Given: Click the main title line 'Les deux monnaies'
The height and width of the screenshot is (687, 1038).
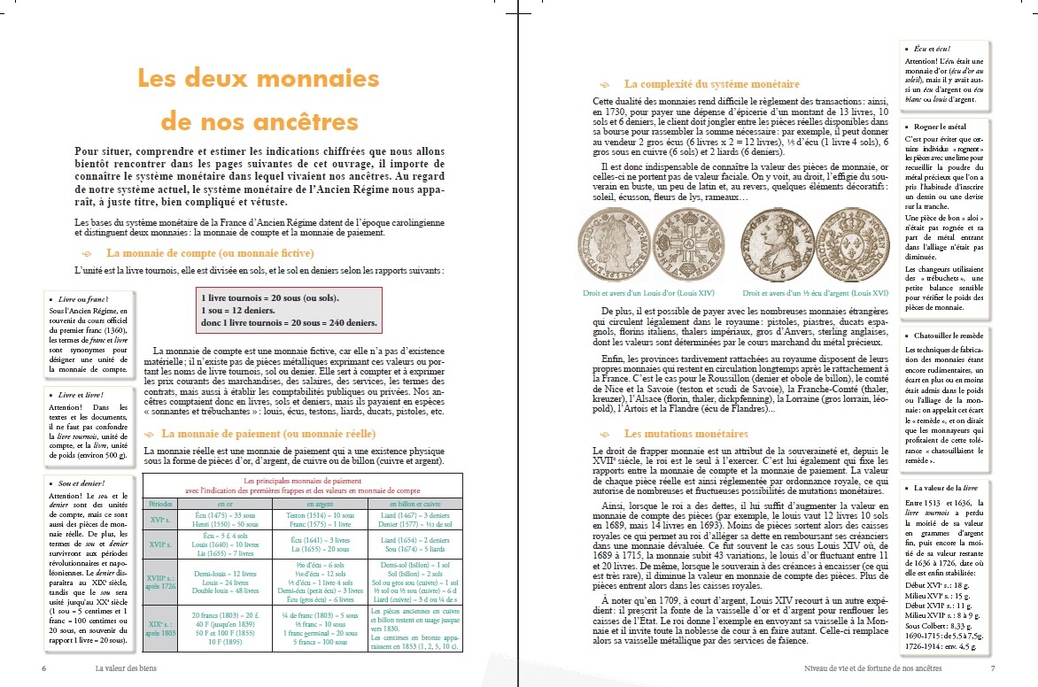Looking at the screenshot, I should (258, 79).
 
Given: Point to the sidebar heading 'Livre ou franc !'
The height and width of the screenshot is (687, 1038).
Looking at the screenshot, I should (82, 300).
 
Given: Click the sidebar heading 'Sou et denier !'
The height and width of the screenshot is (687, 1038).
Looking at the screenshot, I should (81, 483).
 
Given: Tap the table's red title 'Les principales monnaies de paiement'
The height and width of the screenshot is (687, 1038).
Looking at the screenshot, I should (303, 480).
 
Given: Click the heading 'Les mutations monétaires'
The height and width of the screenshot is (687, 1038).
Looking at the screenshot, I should (685, 434).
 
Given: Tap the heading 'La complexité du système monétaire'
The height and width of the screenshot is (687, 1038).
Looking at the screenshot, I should (711, 84).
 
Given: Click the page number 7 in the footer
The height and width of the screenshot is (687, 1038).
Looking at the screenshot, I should (993, 668).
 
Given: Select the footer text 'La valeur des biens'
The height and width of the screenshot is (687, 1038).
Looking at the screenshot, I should (132, 668).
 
